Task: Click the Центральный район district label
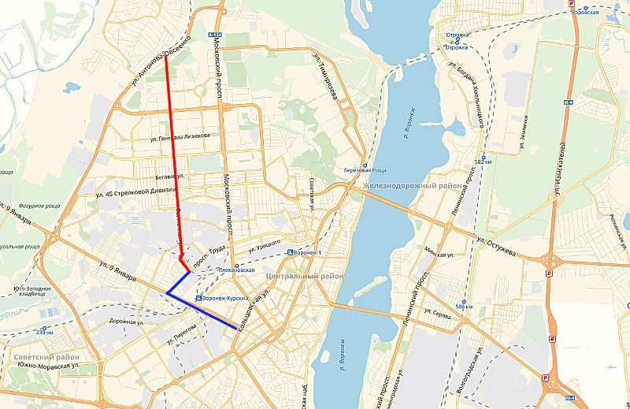305,277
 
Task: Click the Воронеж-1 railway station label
306,253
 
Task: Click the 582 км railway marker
483,162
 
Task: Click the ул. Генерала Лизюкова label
180,135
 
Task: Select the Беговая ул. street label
170,177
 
